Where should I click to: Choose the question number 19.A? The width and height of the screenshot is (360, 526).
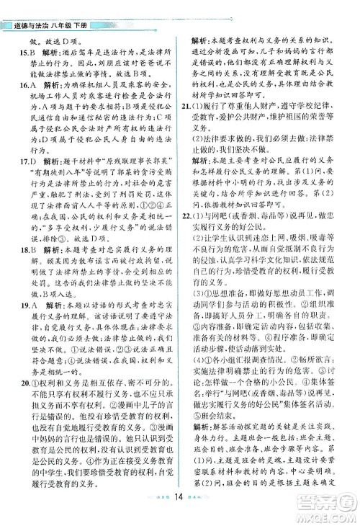click(26, 315)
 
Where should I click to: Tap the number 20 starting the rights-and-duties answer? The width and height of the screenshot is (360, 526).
click(24, 383)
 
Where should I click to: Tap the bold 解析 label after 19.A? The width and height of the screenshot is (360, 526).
click(53, 315)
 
